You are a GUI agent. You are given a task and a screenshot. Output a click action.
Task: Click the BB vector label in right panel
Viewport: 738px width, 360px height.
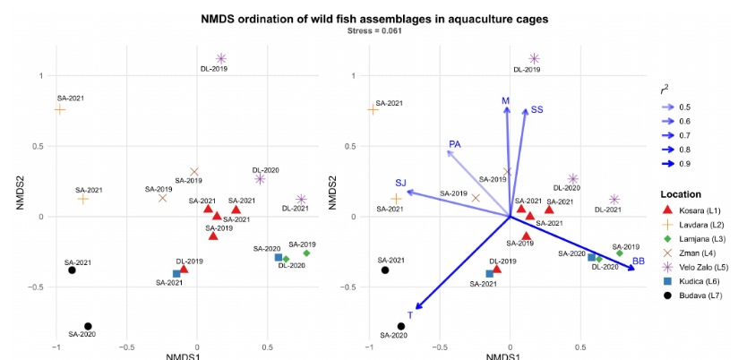(639, 261)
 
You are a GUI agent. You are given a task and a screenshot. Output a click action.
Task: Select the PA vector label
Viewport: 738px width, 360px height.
(455, 144)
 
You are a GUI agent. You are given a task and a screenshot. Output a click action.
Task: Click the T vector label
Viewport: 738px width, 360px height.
(410, 315)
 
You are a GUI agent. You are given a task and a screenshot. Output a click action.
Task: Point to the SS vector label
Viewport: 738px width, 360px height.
(536, 109)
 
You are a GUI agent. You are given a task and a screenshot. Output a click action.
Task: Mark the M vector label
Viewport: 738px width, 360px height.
(506, 101)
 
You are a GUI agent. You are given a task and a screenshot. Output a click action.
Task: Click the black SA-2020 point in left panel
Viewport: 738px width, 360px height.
(88, 326)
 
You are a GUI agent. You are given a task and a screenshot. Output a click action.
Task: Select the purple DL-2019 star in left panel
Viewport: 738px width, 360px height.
(221, 58)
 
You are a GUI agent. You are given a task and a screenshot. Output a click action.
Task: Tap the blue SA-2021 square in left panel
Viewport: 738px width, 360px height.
(176, 273)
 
